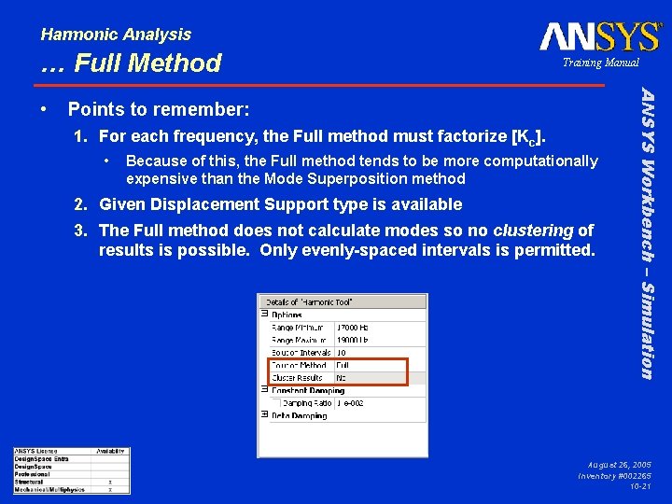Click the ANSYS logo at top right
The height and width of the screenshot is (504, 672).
point(600,36)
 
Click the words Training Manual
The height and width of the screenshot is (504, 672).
point(600,63)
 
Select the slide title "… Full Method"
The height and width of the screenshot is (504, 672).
point(131,63)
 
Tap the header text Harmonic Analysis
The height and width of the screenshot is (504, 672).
point(116,35)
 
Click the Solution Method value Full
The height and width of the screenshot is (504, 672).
point(343,365)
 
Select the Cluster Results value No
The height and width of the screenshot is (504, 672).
point(342,377)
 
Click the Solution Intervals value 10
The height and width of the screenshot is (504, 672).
point(341,353)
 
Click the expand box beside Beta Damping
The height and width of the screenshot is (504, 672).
point(265,414)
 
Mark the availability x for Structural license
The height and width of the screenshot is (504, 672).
point(110,482)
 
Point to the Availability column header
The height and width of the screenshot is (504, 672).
point(109,452)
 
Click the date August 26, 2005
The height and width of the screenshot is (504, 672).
point(620,464)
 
